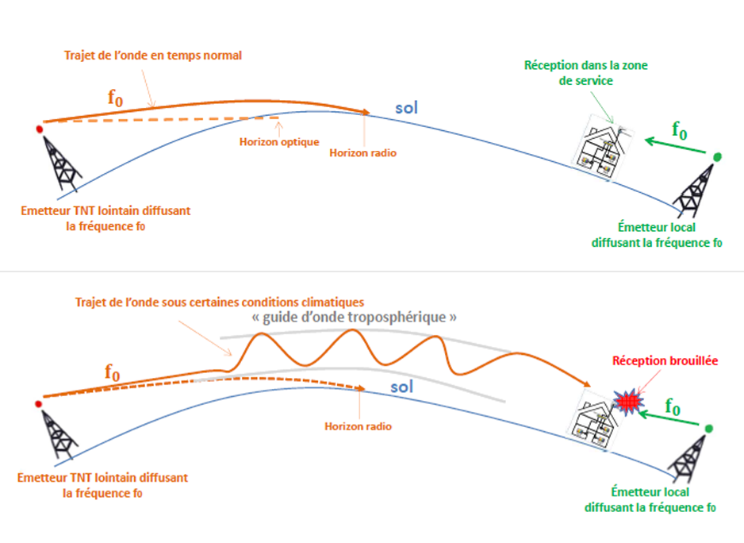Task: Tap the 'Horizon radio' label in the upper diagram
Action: point(362,152)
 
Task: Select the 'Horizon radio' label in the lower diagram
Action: point(359,426)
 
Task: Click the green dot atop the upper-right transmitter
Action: point(717,157)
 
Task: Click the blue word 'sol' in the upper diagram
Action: point(406,106)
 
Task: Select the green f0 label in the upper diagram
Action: point(679,130)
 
